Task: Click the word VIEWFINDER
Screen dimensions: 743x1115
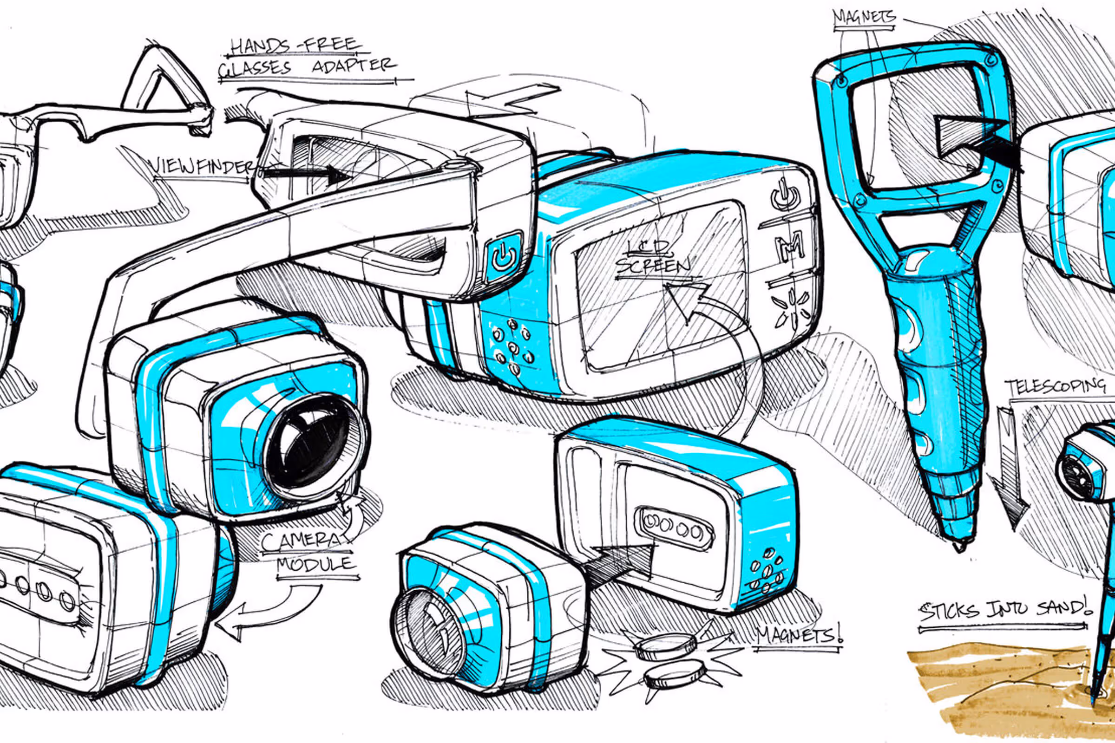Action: pos(203,167)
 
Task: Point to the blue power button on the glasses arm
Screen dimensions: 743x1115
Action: pos(505,256)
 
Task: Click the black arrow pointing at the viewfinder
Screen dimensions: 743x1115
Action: pos(306,175)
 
